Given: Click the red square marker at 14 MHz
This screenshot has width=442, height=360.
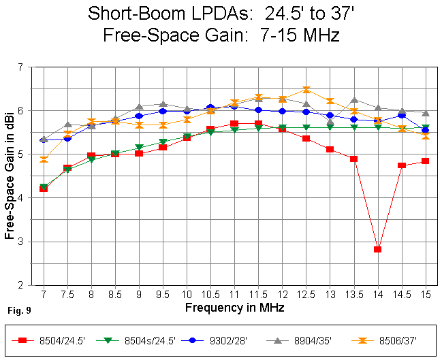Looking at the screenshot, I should point(377,249).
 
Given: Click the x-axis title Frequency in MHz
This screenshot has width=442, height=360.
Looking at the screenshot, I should point(234,308).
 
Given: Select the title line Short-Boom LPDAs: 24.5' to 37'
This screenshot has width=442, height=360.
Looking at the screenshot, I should point(221,13).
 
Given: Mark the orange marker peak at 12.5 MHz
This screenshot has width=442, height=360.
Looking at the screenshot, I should point(306,90).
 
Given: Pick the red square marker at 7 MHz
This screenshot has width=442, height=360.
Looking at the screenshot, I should point(43,189).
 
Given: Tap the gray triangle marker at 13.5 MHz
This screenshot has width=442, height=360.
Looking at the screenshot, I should point(353,100).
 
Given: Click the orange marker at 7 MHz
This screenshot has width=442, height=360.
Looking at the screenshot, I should point(43,160).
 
